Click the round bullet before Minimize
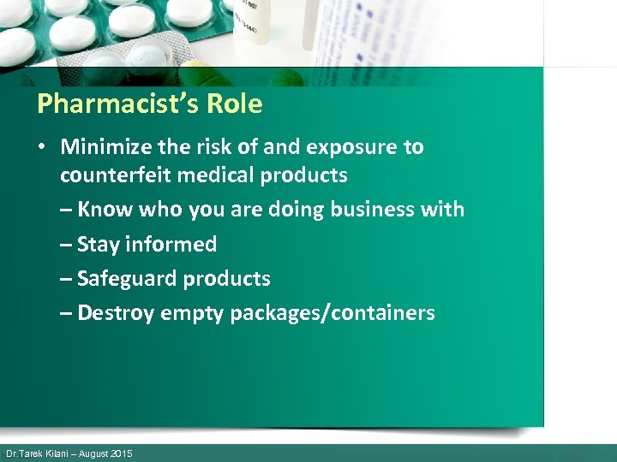point(41,147)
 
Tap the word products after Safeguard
point(231,278)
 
